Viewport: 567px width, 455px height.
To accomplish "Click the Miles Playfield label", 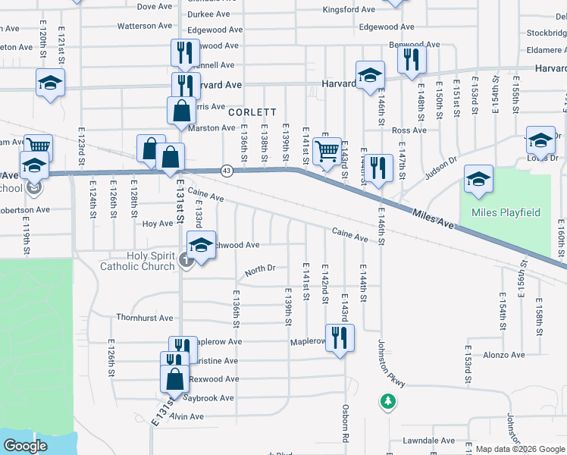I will coord(506,212).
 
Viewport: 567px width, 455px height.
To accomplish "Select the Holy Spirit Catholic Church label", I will coord(138,261).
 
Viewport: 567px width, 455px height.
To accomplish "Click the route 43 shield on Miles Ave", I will coord(227,170).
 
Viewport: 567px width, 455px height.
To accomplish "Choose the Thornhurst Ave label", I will coord(144,318).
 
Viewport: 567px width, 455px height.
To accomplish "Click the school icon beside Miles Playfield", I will coord(478,180).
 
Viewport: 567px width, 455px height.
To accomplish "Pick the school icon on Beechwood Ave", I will coord(201,246).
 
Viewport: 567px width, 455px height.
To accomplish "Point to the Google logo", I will coord(25,446).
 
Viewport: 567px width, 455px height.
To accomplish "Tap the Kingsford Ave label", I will coord(349,10).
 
